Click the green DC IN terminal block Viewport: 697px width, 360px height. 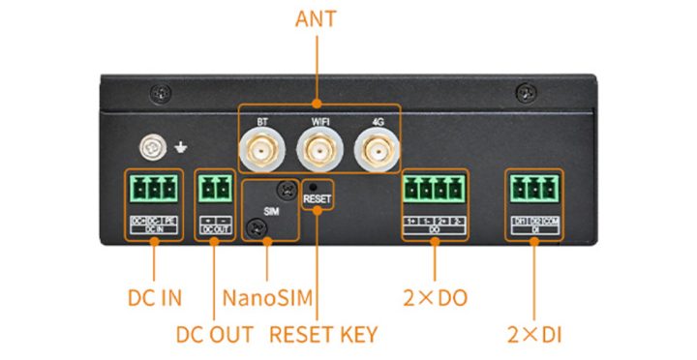click(153, 187)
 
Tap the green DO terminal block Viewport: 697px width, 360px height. click(433, 188)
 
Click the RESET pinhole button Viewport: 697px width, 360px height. click(317, 185)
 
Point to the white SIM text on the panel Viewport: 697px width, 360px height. click(271, 209)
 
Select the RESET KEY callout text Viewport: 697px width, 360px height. click(323, 335)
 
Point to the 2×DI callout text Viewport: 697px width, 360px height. click(535, 335)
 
